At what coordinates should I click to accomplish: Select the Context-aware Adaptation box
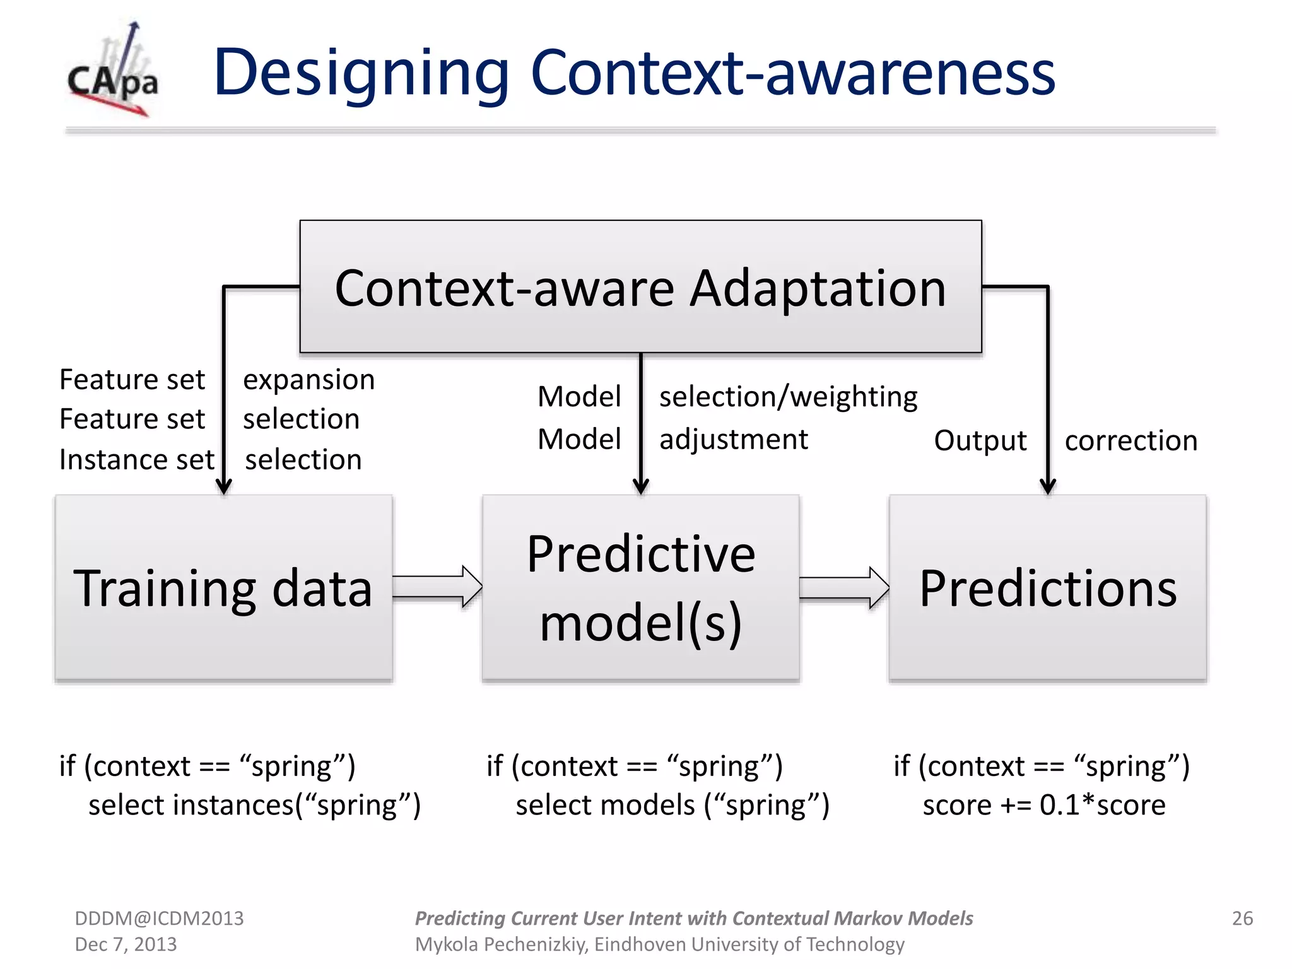coord(640,287)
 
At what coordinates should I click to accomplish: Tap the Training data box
coord(223,588)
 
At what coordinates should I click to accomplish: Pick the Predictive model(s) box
coord(640,588)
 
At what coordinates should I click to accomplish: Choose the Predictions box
coord(1047,588)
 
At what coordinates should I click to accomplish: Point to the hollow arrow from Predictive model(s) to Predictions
coord(844,587)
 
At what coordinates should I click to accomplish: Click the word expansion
coord(309,380)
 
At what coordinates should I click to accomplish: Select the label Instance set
coord(136,460)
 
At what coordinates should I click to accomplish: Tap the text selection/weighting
coord(788,397)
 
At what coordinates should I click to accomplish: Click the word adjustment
coord(733,439)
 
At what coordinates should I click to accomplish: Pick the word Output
coord(980,440)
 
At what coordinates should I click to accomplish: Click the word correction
coord(1130,440)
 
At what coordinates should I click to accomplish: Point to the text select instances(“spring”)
coord(254,806)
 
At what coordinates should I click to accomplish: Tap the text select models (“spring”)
coord(672,806)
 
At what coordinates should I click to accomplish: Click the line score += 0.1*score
coord(1043,806)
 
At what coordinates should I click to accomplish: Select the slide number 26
coord(1242,918)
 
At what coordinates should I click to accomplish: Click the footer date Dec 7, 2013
coord(126,944)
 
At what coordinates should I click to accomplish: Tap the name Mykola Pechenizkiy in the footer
coord(501,944)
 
